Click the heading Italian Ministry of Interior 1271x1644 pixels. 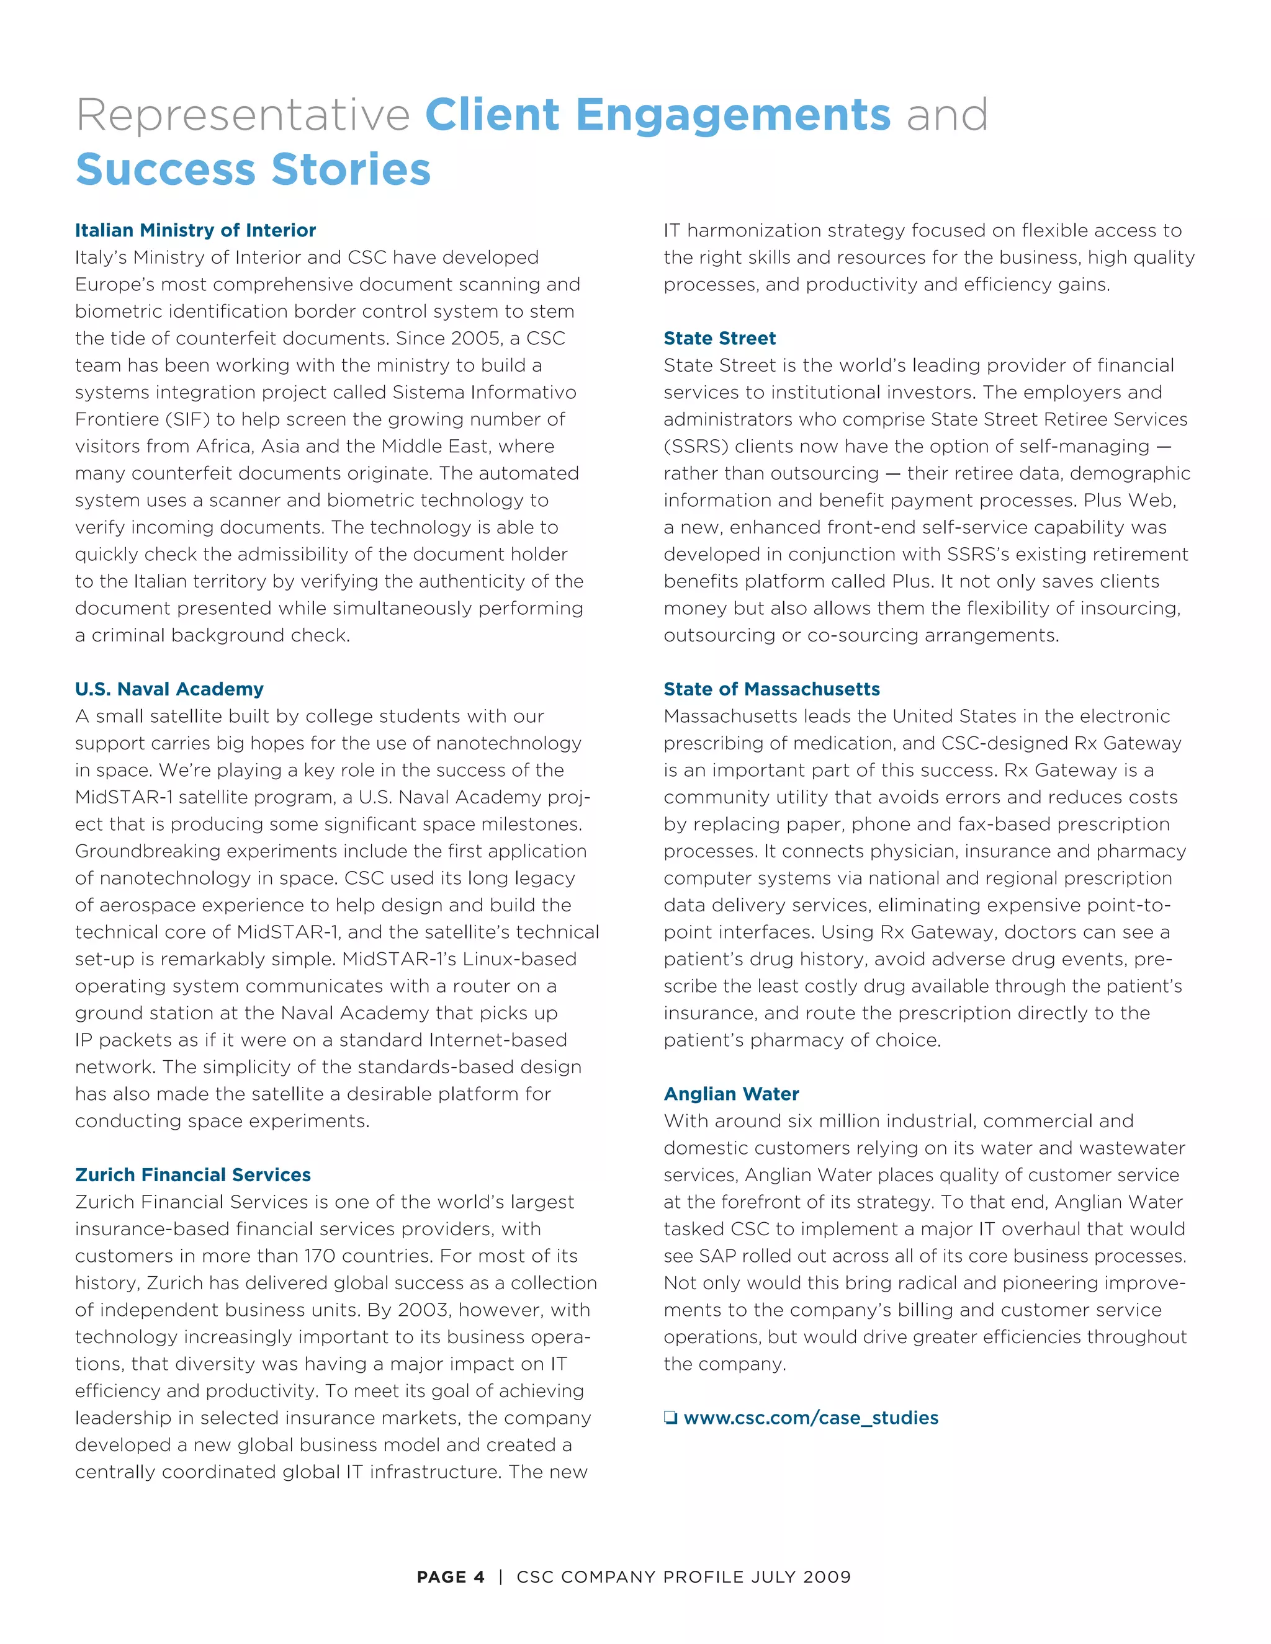pos(195,230)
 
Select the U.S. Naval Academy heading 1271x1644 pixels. pos(169,689)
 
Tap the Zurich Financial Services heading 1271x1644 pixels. pos(193,1174)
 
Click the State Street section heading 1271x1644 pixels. pos(719,338)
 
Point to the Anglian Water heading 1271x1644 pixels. pos(731,1094)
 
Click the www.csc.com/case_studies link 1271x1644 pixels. pos(811,1418)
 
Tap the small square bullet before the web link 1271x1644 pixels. pos(670,1418)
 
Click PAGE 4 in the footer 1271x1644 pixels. pos(451,1577)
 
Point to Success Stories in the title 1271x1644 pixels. pos(253,169)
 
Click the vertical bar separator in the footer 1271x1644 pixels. pos(501,1577)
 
